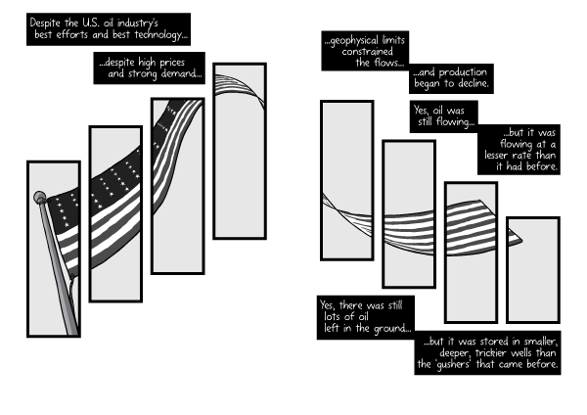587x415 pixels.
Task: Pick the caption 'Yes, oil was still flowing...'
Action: click(443, 116)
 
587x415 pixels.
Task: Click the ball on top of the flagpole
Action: click(40, 198)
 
